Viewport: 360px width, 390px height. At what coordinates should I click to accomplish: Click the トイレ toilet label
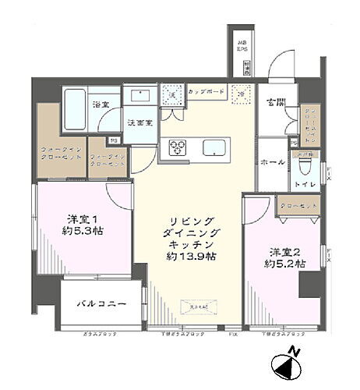click(x=305, y=184)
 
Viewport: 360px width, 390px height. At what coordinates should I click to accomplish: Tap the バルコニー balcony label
click(x=101, y=303)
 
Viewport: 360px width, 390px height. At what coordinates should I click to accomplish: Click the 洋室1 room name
click(x=80, y=218)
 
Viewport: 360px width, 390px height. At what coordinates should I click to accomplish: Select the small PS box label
click(x=114, y=141)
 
